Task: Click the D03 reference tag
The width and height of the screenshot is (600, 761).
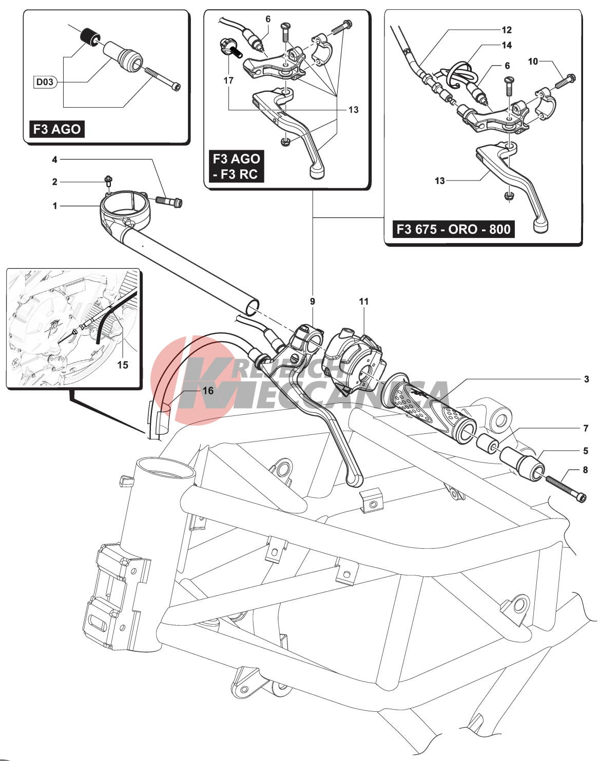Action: pos(45,82)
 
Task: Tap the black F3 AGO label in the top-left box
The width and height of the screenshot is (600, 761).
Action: pos(56,129)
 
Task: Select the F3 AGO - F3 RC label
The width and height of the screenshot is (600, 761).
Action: pos(236,167)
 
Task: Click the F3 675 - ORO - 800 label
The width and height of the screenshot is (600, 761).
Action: pos(453,229)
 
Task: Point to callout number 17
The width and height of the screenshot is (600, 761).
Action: pos(228,81)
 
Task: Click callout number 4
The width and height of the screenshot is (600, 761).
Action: pos(55,159)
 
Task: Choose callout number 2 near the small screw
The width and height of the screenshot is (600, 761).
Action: pos(55,182)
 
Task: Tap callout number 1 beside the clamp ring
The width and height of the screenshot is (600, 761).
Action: pos(55,206)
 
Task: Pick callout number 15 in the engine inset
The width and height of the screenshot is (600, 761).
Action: pos(123,365)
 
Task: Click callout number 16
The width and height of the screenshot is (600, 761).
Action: pos(208,391)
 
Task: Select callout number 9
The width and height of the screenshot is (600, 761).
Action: pos(313,302)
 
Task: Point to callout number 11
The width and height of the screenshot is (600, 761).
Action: pos(364,302)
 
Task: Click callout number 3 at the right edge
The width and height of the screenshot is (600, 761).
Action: pos(586,379)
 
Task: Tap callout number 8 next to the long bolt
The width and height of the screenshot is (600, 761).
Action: pos(585,470)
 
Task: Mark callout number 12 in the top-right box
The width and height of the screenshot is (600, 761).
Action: pos(507,30)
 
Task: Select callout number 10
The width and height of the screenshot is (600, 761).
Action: pos(533,62)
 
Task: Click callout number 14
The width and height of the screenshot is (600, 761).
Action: pos(507,45)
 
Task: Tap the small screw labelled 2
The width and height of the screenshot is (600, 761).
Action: pos(108,180)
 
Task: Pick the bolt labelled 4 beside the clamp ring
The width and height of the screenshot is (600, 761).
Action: pos(169,201)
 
